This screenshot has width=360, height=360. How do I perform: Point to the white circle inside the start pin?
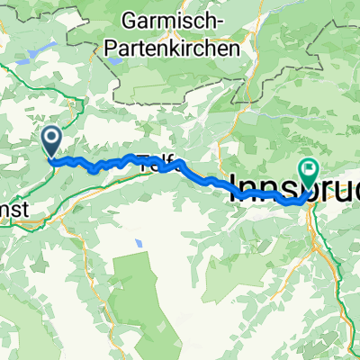(50, 138)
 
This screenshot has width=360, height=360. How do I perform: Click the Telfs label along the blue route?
(155, 162)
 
